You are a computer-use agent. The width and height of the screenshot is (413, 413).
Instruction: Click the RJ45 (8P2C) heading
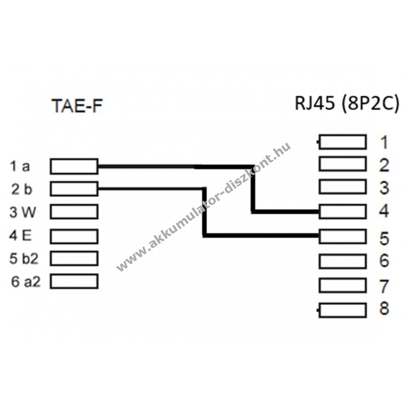click(346, 104)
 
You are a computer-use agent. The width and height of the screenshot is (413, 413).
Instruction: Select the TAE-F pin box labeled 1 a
click(74, 167)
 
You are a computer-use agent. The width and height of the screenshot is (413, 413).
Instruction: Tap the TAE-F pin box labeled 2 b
click(74, 188)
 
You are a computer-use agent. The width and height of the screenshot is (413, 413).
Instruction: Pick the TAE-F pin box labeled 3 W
click(74, 211)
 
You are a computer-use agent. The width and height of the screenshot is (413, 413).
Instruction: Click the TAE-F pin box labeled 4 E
click(74, 236)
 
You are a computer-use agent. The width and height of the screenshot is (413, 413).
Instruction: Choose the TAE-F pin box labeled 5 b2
click(74, 258)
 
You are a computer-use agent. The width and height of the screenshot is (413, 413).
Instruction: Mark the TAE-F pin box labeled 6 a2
click(74, 281)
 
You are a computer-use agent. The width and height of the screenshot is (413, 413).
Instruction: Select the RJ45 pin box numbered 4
click(342, 212)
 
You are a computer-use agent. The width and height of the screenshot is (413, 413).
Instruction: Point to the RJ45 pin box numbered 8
click(342, 310)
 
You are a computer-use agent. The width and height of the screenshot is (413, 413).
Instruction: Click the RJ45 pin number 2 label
click(384, 165)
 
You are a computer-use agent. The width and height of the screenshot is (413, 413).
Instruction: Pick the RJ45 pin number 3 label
click(384, 188)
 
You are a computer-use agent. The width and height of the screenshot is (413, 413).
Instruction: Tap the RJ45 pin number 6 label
click(384, 261)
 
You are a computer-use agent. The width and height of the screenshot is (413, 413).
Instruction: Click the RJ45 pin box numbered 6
click(342, 261)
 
